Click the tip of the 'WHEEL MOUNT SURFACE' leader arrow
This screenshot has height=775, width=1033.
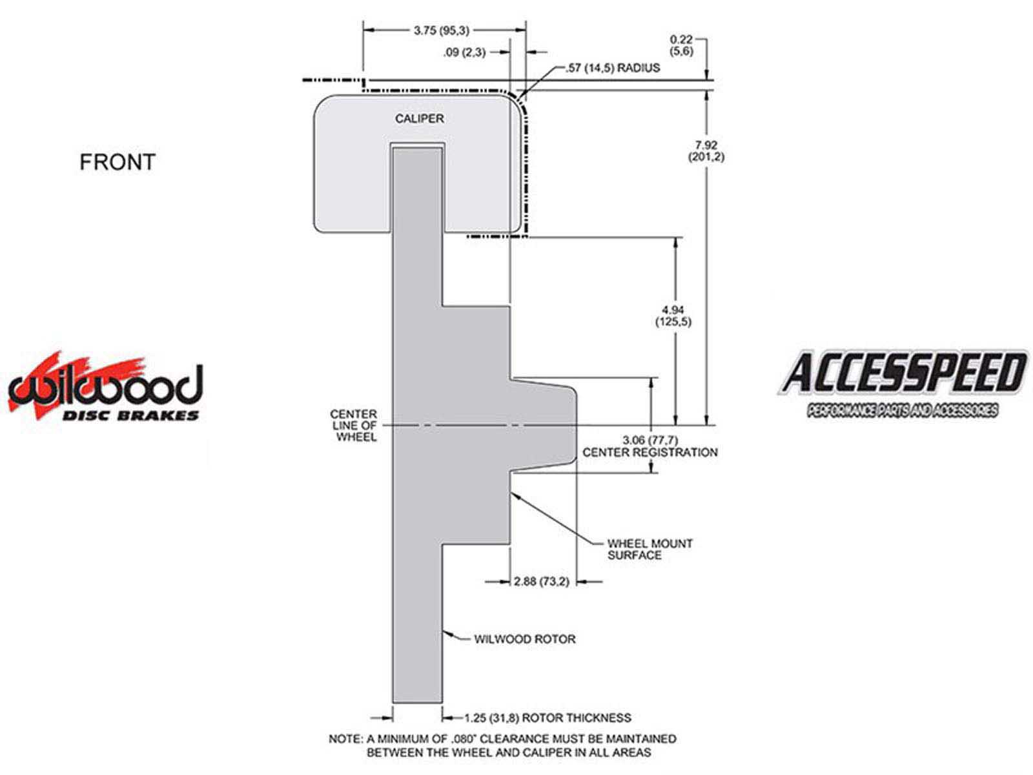tap(512, 492)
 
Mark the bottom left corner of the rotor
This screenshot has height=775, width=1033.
tap(393, 703)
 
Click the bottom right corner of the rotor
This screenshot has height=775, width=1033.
tap(442, 703)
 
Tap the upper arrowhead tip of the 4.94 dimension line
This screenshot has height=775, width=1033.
tap(676, 238)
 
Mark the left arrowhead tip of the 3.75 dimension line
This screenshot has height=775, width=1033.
tap(363, 30)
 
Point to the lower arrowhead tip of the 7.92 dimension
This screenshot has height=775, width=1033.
tap(706, 426)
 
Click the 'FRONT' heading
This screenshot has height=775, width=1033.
tap(118, 162)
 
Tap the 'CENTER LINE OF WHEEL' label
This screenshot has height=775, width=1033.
tap(354, 426)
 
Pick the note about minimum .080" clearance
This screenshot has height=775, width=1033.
tap(502, 745)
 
